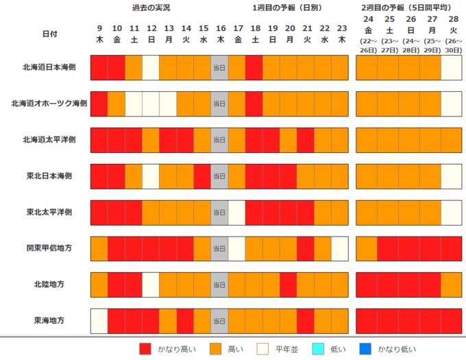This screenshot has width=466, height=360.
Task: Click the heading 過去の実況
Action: pyautogui.click(x=151, y=8)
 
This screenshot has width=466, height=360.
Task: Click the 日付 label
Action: pyautogui.click(x=50, y=33)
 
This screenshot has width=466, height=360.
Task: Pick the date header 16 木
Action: pyautogui.click(x=220, y=34)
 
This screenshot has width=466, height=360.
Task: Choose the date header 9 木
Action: pyautogui.click(x=99, y=34)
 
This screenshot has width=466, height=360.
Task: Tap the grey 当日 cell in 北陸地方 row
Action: pyautogui.click(x=220, y=284)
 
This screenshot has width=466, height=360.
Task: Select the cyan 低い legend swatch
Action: pyautogui.click(x=316, y=348)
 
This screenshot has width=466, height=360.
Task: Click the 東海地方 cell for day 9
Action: pyautogui.click(x=99, y=320)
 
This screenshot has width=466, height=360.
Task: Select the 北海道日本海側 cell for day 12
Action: pyautogui.click(x=151, y=68)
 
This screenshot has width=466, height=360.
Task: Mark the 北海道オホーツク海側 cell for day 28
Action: pyautogui.click(x=452, y=104)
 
